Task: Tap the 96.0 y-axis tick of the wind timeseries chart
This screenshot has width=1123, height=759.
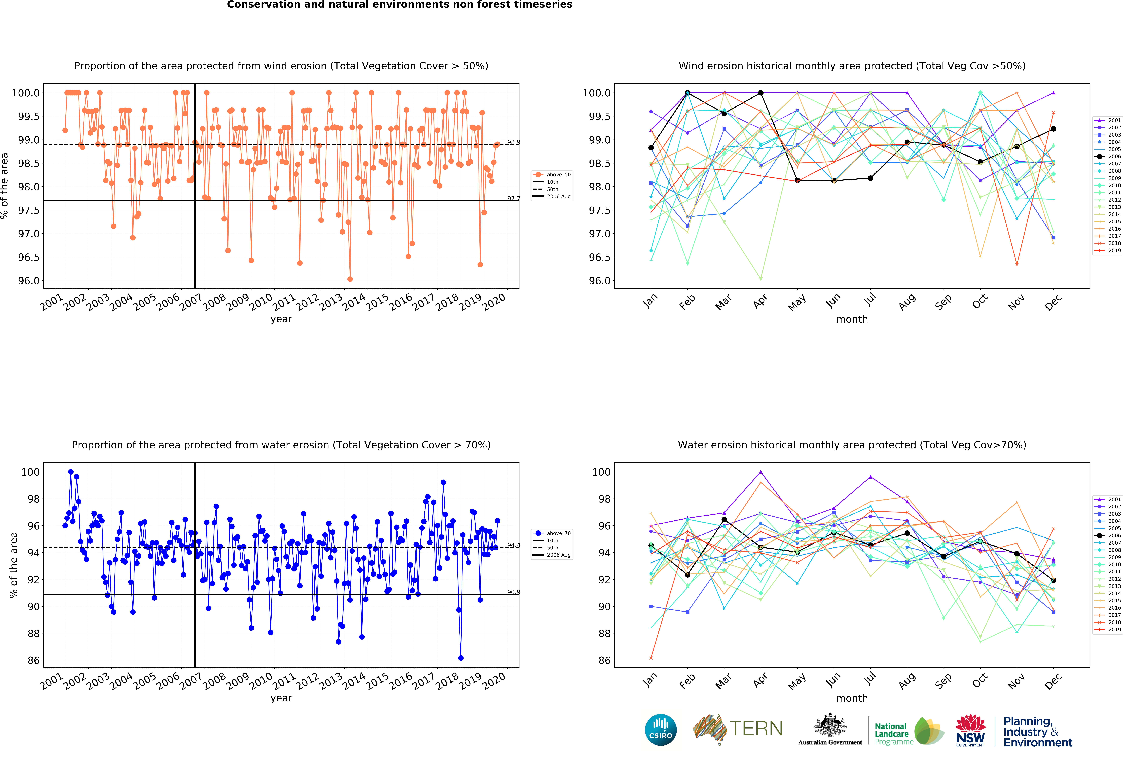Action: (29, 281)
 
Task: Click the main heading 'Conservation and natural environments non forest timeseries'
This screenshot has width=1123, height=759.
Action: (400, 5)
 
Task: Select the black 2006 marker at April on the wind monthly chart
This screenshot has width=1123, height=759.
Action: (761, 93)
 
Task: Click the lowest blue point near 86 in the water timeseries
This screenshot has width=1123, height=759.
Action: (460, 658)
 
